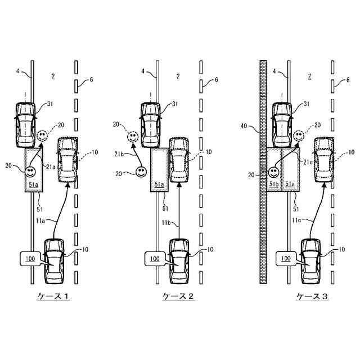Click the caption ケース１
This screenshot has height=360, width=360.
53,296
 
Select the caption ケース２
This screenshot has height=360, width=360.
178,296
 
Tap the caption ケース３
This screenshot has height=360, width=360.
312,296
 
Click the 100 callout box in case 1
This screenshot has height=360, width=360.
30,259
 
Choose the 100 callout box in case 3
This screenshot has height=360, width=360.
286,259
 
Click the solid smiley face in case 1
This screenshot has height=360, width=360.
32,169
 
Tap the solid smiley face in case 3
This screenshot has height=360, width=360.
274,171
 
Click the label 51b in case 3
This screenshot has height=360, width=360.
274,183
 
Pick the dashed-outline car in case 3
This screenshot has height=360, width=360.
325,159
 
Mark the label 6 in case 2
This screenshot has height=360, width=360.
215,80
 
